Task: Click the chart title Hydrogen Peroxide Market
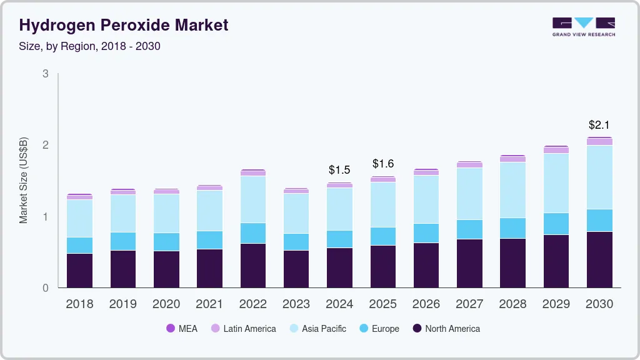point(124,25)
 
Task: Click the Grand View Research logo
point(583,26)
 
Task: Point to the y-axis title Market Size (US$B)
point(24,180)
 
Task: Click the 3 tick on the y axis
point(45,74)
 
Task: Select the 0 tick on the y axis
point(45,288)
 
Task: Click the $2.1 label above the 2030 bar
point(599,125)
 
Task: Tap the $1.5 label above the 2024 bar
point(339,170)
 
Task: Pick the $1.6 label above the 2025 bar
point(383,164)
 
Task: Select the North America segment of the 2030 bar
point(599,259)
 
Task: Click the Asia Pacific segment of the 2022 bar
point(252,199)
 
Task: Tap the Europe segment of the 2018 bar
point(79,245)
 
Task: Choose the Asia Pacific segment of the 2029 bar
point(556,183)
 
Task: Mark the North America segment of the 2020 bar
point(166,269)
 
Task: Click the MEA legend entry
point(182,328)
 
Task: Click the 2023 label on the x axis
point(296,304)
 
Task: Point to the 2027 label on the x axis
point(469,304)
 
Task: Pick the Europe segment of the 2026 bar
point(426,233)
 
